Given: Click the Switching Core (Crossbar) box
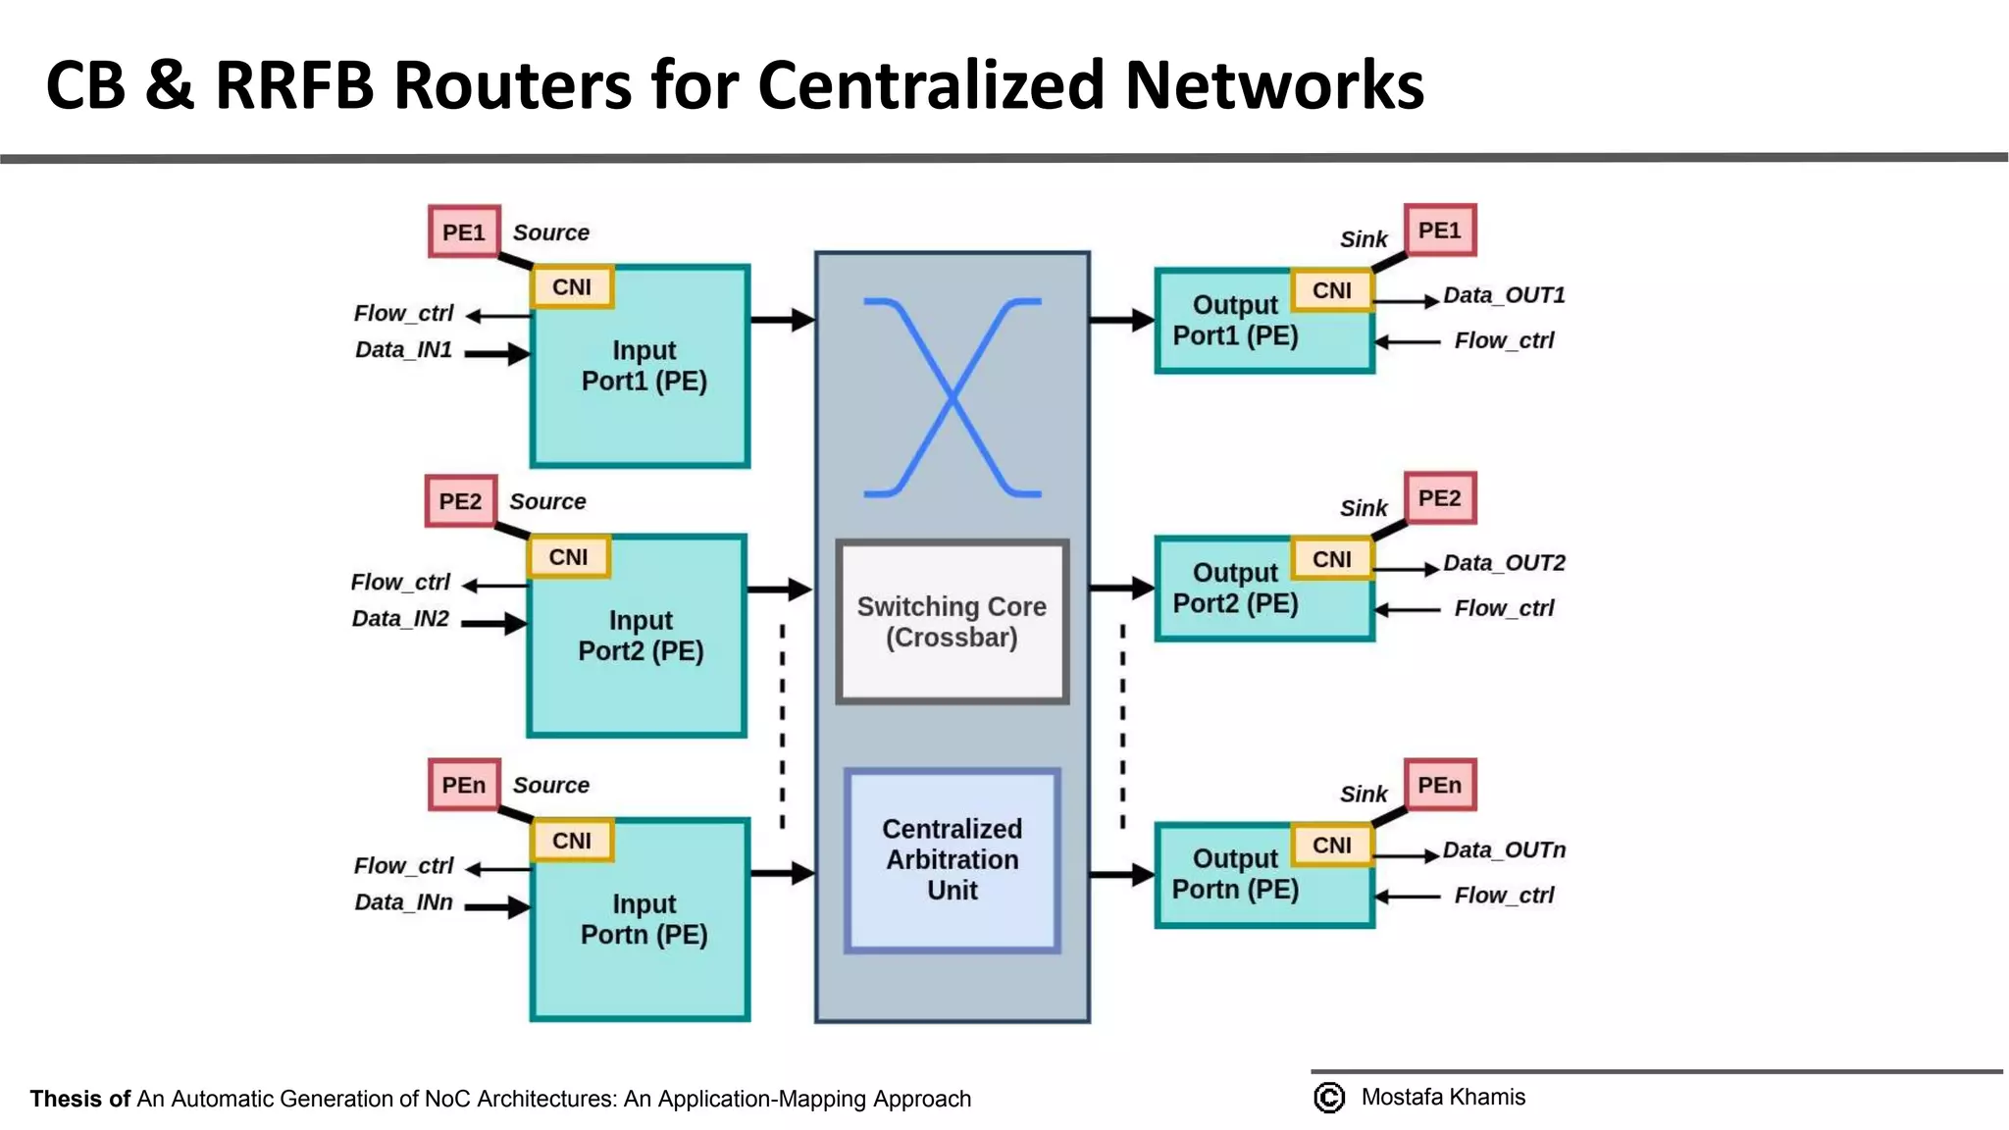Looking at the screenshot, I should [x=952, y=622].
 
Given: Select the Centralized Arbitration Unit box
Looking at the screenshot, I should [x=952, y=859].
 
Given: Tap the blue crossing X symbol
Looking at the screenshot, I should [x=952, y=397].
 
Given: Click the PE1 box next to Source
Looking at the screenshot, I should [x=464, y=232].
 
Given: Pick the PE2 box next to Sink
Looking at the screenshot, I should [x=1439, y=498].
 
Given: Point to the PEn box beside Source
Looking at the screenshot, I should [x=464, y=785].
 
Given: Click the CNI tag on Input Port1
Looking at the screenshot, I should [x=572, y=287].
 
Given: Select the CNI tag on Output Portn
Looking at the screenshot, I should [x=1331, y=846].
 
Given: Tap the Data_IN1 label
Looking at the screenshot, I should [x=403, y=350].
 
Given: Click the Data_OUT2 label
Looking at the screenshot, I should [x=1504, y=563].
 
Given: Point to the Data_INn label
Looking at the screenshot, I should [x=403, y=902].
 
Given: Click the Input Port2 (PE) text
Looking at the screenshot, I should [x=641, y=636].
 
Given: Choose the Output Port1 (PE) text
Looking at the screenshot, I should [x=1235, y=321].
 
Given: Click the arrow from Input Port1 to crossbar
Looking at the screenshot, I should [x=782, y=319].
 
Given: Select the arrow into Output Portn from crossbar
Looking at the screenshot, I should [x=1121, y=874].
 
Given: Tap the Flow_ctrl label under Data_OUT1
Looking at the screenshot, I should [x=1504, y=340].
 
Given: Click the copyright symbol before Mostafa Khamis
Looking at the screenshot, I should [x=1329, y=1098].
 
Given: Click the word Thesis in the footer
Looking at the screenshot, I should [x=67, y=1099].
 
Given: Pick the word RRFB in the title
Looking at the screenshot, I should [x=294, y=85].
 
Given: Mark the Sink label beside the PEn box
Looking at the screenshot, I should [x=1364, y=795].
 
